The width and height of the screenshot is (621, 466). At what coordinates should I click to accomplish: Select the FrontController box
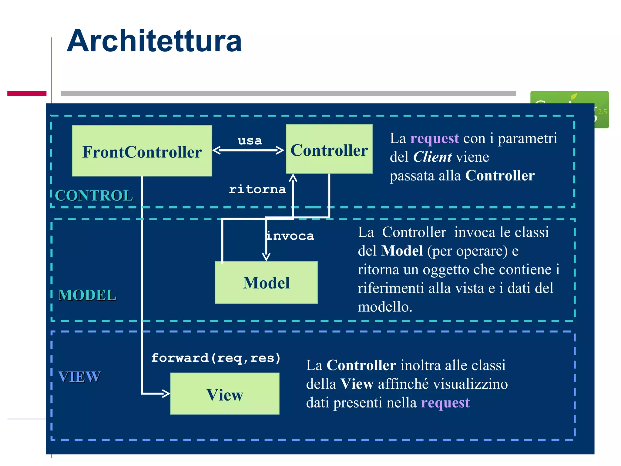[142, 151]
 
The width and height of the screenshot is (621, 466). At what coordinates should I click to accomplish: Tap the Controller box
[329, 149]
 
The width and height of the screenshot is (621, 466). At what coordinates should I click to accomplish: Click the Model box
[266, 282]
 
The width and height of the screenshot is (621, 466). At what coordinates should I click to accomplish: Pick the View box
[225, 394]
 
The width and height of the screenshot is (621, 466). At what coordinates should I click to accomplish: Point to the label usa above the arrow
[250, 140]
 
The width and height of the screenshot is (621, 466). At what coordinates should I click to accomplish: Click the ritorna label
[257, 189]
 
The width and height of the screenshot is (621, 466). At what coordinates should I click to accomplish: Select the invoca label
[290, 236]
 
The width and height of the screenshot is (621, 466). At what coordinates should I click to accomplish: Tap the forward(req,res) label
[216, 358]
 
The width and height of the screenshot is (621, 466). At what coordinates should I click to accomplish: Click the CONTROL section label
[94, 195]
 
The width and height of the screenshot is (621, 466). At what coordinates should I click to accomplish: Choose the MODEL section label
[87, 295]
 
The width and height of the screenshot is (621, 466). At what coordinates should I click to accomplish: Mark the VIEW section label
[79, 377]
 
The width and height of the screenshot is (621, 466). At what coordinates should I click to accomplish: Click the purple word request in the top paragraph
[434, 138]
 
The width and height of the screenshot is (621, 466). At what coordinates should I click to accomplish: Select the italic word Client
[432, 157]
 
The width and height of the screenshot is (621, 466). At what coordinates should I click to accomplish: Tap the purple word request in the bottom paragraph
[445, 403]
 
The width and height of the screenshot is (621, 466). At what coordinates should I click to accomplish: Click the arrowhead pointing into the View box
[166, 393]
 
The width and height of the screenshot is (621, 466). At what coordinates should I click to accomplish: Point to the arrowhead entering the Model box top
[266, 257]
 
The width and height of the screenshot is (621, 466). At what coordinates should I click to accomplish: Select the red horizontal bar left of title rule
[27, 93]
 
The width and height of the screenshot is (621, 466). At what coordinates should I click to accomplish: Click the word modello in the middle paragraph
[384, 307]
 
